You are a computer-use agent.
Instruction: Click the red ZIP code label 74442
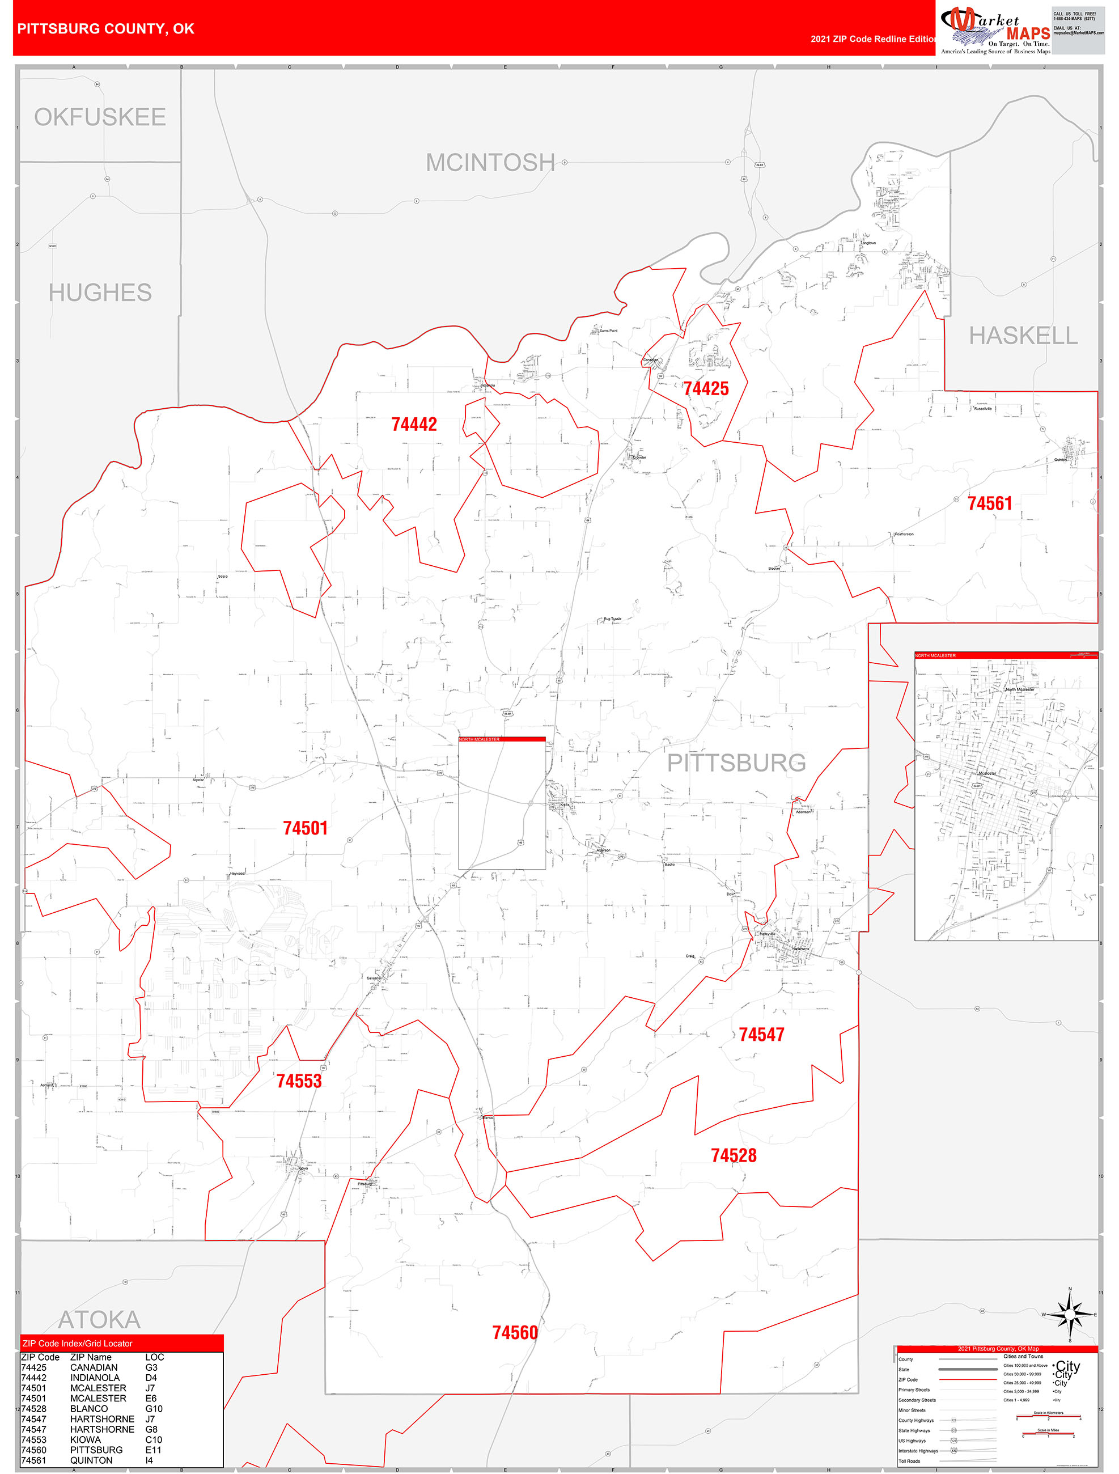coord(414,425)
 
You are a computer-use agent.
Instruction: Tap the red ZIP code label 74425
coord(706,388)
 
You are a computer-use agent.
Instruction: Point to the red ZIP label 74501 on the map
coord(305,828)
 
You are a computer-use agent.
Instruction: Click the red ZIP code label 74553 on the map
coord(299,1081)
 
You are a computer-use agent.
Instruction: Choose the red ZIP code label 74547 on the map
coord(761,1034)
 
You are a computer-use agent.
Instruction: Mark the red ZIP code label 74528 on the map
coord(734,1155)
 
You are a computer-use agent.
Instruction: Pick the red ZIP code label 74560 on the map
coord(515,1333)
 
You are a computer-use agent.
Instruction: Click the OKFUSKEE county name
coord(100,117)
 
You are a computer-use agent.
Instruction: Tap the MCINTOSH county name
coord(490,163)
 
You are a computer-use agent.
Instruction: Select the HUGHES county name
coord(100,293)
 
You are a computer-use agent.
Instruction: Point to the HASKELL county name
coord(1023,336)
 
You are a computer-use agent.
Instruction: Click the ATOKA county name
coord(99,1319)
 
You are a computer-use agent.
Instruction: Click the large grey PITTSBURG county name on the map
coord(736,763)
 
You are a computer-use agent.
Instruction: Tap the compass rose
coord(1070,1315)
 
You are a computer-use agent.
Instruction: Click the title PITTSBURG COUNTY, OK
coord(106,29)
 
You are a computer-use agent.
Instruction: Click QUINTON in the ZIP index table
coord(91,1460)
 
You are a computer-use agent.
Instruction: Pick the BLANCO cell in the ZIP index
coord(88,1409)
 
